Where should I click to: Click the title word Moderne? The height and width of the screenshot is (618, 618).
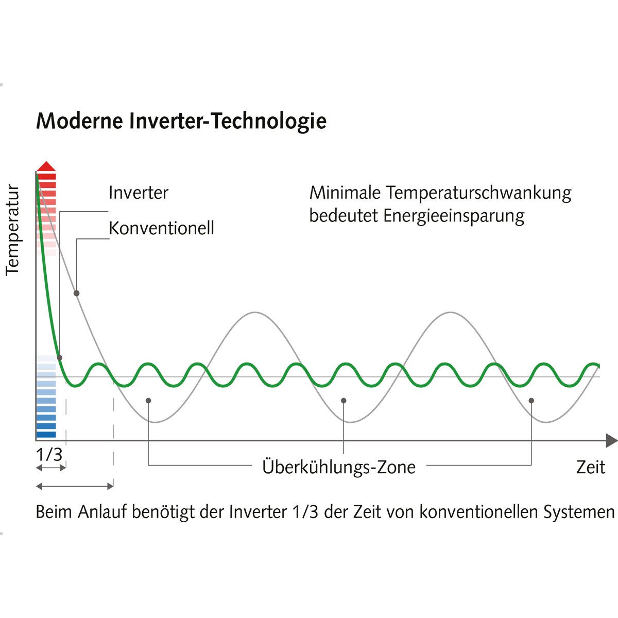[x=79, y=121]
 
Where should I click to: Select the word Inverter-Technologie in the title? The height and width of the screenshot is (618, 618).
[x=228, y=122]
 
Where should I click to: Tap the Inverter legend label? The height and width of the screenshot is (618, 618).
[x=138, y=193]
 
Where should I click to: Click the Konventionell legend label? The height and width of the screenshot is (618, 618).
[x=161, y=228]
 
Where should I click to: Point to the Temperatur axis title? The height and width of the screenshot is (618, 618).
[x=12, y=230]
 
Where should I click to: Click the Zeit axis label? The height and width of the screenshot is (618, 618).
[x=591, y=467]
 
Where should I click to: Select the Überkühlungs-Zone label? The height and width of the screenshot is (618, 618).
[x=339, y=467]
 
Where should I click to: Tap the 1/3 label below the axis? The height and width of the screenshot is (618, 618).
[x=49, y=454]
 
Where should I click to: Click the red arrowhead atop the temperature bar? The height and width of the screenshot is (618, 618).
[x=46, y=166]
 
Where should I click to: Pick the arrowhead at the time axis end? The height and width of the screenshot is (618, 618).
[x=612, y=440]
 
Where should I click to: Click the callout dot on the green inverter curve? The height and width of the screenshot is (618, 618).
[x=59, y=358]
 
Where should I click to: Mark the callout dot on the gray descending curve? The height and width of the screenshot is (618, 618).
[x=76, y=293]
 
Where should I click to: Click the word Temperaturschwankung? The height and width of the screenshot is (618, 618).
[x=478, y=194]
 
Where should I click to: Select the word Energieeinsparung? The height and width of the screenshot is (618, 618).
[x=454, y=216]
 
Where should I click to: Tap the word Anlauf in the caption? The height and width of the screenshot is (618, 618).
[x=102, y=512]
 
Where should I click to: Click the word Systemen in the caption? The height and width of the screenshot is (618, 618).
[x=579, y=512]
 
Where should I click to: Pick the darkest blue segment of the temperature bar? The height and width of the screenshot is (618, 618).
[x=46, y=435]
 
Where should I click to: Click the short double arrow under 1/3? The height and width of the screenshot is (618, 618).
[x=51, y=468]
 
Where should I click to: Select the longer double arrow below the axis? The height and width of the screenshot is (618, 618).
[x=75, y=487]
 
